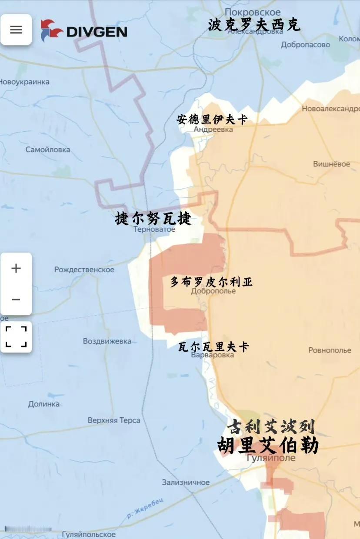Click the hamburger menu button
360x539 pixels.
[x=16, y=30]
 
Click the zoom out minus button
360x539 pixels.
[x=16, y=299]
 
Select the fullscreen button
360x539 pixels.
[x=16, y=337]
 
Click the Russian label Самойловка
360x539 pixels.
[x=48, y=150]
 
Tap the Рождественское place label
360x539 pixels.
[x=84, y=269]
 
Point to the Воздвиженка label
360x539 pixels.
[x=107, y=341]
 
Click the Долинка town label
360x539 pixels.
[x=44, y=404]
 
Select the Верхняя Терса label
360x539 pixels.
[x=114, y=420]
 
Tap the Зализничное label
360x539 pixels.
[x=186, y=482]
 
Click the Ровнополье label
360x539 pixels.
[x=330, y=350]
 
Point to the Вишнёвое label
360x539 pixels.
[x=331, y=164]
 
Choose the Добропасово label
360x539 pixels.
[x=305, y=44]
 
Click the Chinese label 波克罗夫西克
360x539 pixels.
[x=254, y=25]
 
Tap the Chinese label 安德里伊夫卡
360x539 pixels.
[x=212, y=119]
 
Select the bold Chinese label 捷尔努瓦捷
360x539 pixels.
[x=153, y=218]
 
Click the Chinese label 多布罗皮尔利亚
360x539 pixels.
[x=211, y=282]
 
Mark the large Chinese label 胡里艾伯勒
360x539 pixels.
[x=268, y=446]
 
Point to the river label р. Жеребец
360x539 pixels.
[x=145, y=508]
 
